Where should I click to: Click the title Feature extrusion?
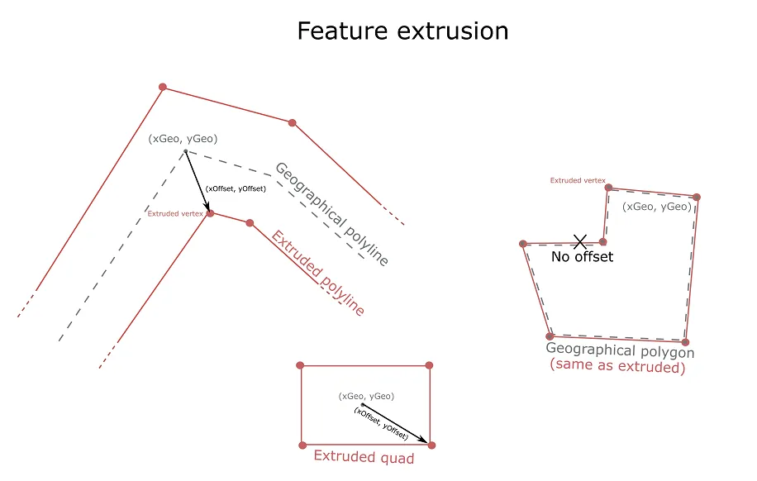point(402,31)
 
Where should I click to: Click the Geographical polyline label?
point(331,214)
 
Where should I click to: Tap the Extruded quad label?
point(364,457)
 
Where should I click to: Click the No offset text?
point(583,257)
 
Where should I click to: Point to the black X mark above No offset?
point(580,241)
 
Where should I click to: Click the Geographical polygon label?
point(620,351)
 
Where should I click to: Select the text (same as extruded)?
point(618,366)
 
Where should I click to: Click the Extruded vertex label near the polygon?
point(578,180)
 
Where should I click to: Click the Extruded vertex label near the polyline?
point(175,214)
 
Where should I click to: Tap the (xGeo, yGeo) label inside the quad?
point(366,397)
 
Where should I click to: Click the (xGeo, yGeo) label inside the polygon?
point(657,207)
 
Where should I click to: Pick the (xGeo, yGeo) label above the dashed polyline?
point(183,139)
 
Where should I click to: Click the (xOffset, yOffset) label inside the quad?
point(381,424)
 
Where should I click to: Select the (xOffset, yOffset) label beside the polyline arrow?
point(236,189)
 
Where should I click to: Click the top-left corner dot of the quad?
point(301,365)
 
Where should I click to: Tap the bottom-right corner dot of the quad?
point(431,445)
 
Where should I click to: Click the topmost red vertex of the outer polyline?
point(163,87)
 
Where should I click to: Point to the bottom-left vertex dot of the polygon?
point(550,336)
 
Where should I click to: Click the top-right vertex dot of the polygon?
point(697,197)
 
